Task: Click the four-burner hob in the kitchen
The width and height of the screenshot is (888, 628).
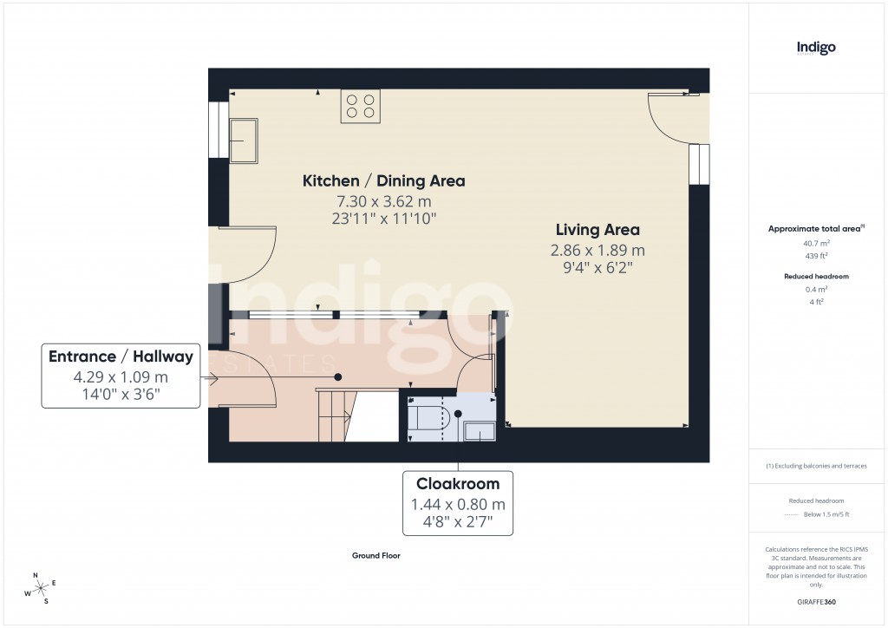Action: pyautogui.click(x=360, y=106)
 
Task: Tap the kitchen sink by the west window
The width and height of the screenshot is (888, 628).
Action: pyautogui.click(x=244, y=141)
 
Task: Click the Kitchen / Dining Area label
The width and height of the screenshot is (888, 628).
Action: pyautogui.click(x=383, y=181)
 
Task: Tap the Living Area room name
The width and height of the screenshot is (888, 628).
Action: pyautogui.click(x=597, y=230)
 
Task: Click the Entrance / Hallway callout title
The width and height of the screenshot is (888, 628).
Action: pyautogui.click(x=121, y=357)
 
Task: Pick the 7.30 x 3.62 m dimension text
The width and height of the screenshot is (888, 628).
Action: pyautogui.click(x=383, y=201)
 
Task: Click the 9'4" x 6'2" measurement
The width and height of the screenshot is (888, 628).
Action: pyautogui.click(x=597, y=268)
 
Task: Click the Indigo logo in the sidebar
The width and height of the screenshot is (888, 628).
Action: pyautogui.click(x=816, y=48)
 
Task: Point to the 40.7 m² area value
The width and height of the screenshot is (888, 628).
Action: pyautogui.click(x=816, y=244)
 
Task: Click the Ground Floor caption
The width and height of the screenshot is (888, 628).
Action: pyautogui.click(x=375, y=556)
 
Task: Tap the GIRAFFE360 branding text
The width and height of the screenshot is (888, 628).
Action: pyautogui.click(x=816, y=601)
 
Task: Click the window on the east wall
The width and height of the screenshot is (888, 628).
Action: pyautogui.click(x=699, y=164)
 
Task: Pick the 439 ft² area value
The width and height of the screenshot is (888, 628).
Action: pyautogui.click(x=816, y=256)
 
